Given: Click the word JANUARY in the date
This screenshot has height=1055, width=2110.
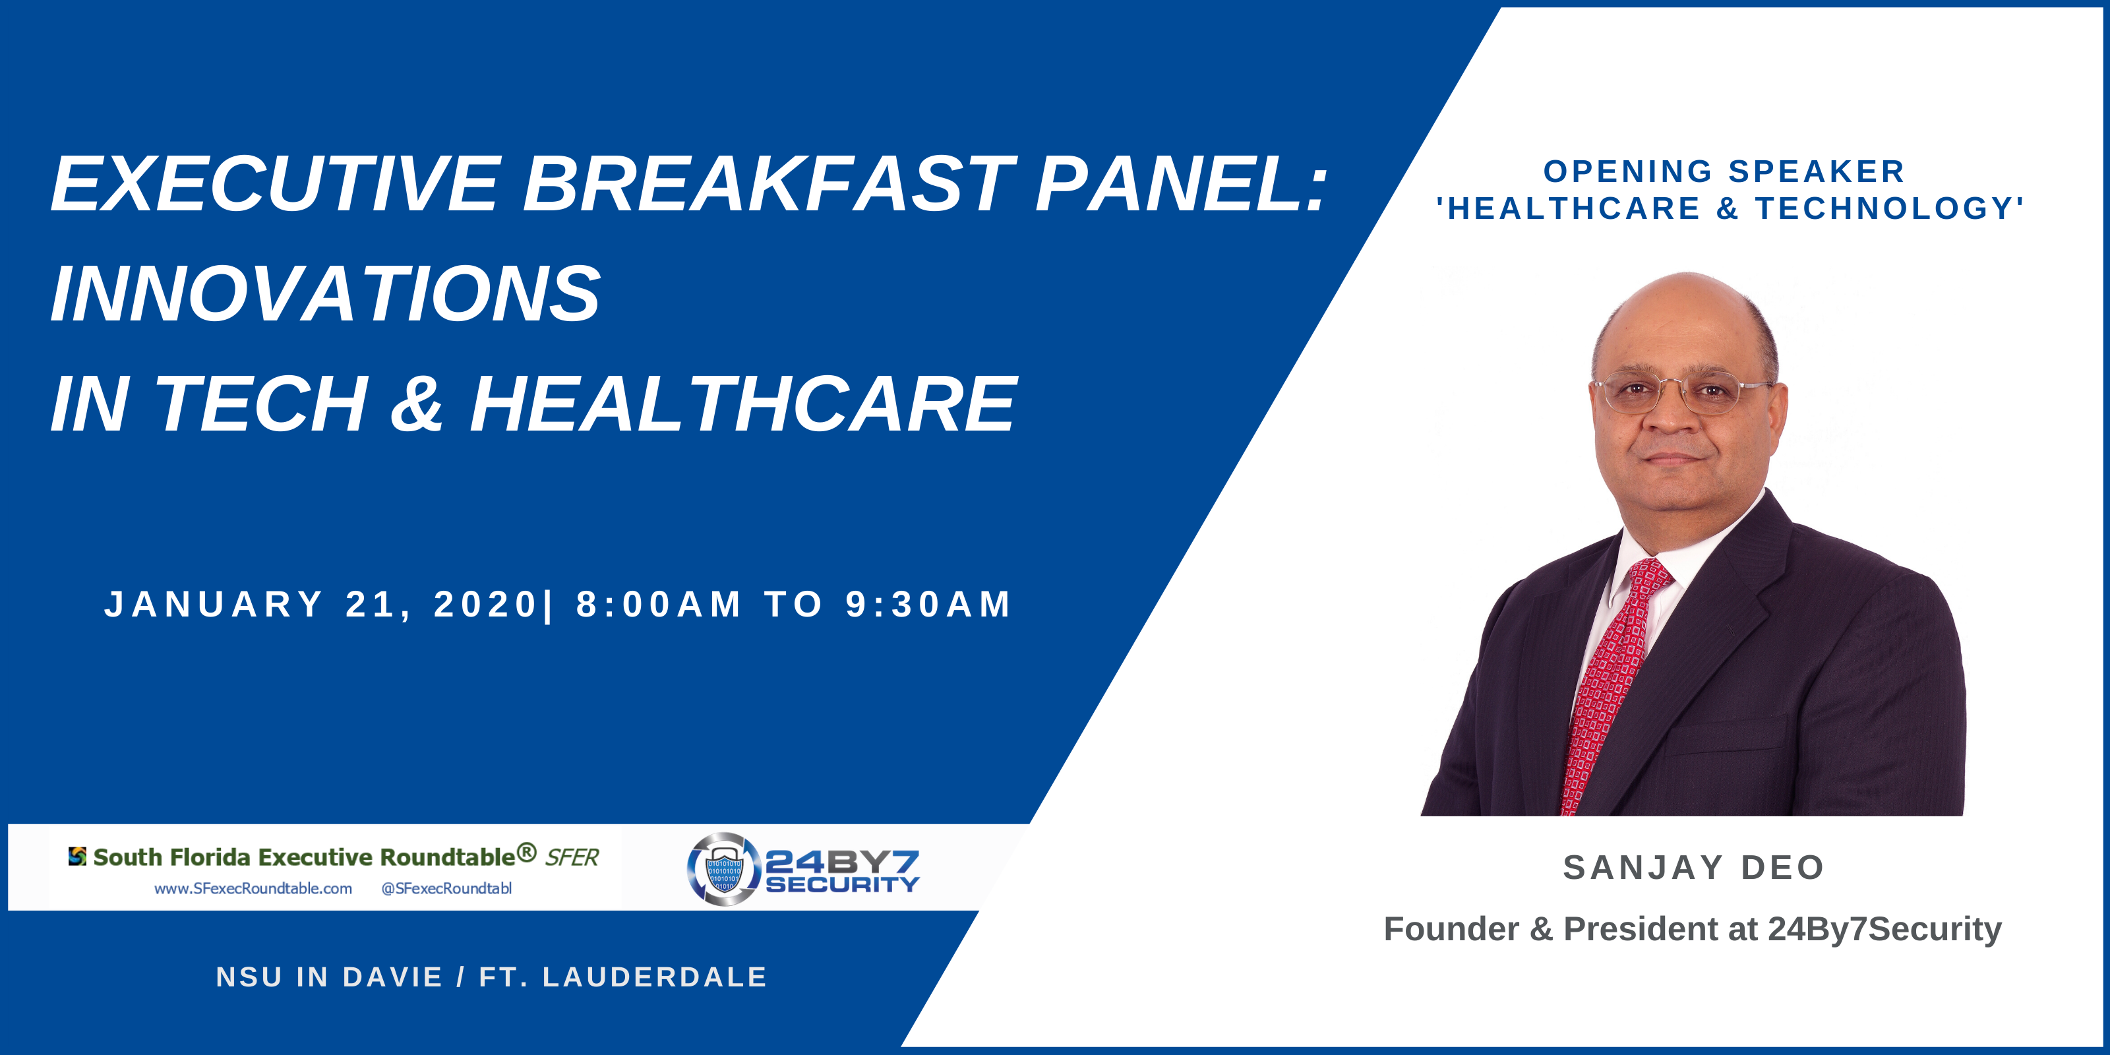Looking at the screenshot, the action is (214, 605).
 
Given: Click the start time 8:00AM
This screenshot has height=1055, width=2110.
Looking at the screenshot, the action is (659, 605).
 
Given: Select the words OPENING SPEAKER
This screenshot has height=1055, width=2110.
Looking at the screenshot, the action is (1724, 171).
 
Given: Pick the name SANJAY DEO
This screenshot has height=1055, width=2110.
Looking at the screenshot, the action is (1694, 868).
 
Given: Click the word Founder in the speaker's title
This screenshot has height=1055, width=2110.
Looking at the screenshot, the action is (1451, 929).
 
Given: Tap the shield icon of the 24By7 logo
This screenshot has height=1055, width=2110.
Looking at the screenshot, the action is (723, 870).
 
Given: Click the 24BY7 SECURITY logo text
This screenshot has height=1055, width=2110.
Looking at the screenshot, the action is (842, 872).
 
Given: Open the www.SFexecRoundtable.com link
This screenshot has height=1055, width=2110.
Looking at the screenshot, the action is (253, 889).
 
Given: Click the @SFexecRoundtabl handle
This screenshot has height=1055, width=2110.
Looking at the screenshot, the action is (446, 889).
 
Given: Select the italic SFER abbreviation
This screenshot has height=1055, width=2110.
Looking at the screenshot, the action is (572, 858).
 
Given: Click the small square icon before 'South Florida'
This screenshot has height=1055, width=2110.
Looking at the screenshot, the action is (77, 856).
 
